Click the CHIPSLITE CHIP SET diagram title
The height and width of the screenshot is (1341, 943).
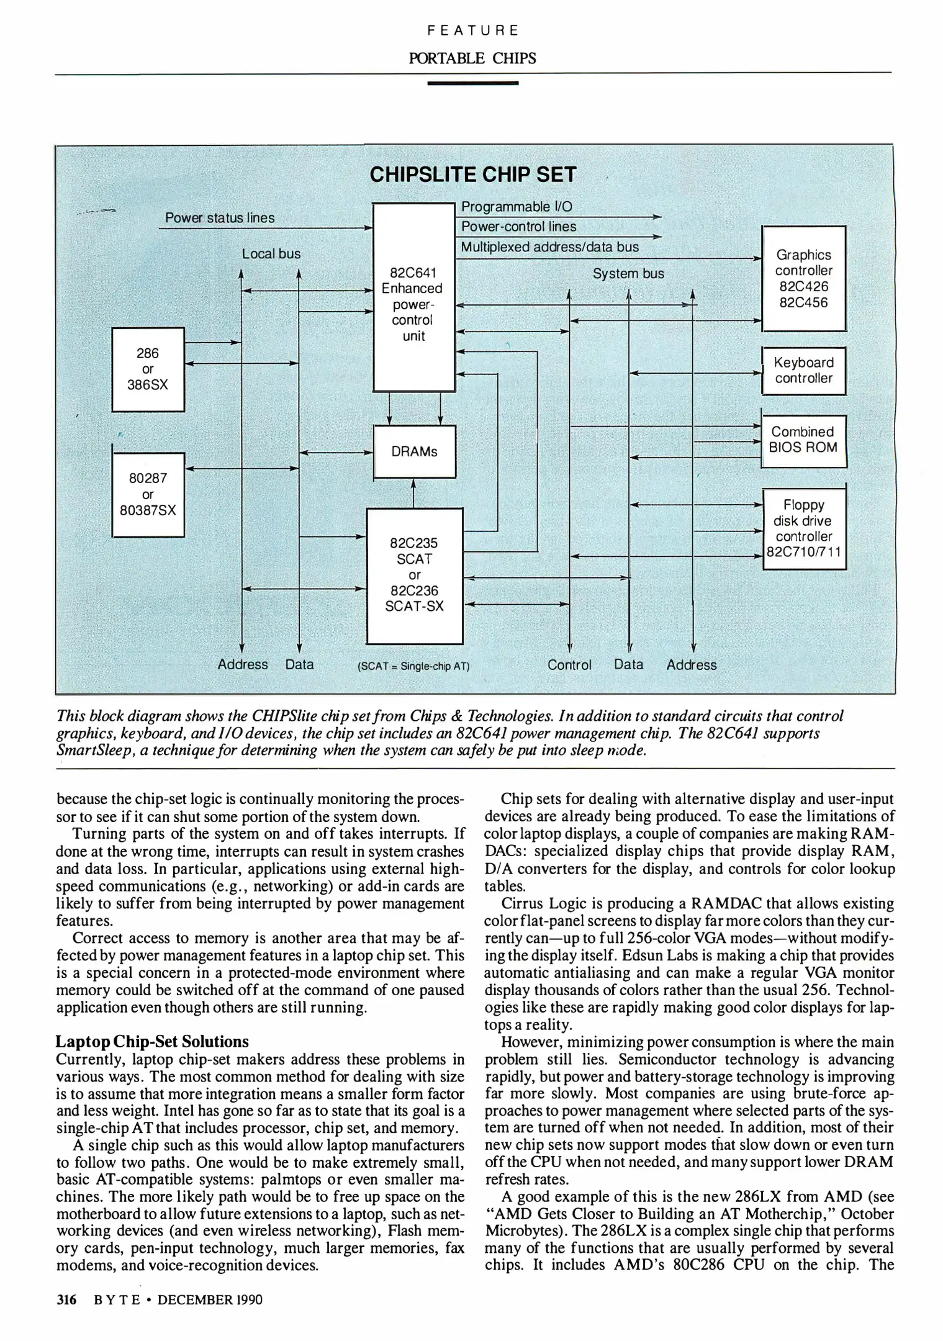click(473, 174)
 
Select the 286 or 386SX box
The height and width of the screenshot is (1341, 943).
click(148, 369)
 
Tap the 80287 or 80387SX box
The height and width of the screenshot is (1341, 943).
click(148, 495)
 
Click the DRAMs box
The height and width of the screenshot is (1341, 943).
click(414, 451)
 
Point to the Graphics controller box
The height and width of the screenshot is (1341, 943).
click(803, 279)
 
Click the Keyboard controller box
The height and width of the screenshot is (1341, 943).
click(803, 371)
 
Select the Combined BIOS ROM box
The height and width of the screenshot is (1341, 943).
click(803, 440)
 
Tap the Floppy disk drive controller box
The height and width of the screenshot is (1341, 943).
click(803, 528)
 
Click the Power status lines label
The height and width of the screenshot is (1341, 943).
click(220, 218)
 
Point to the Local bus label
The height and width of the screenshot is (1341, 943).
click(271, 254)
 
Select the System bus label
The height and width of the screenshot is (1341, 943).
click(628, 274)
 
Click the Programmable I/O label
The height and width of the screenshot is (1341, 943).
click(517, 207)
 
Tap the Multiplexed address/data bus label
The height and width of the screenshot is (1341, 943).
click(549, 247)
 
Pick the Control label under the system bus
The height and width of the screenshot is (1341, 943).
click(569, 665)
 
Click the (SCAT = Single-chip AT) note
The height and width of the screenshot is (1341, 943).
click(414, 667)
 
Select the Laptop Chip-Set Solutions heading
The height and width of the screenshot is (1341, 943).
click(152, 1041)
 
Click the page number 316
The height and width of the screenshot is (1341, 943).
click(66, 1299)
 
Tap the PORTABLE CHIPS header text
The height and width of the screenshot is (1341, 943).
click(472, 58)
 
